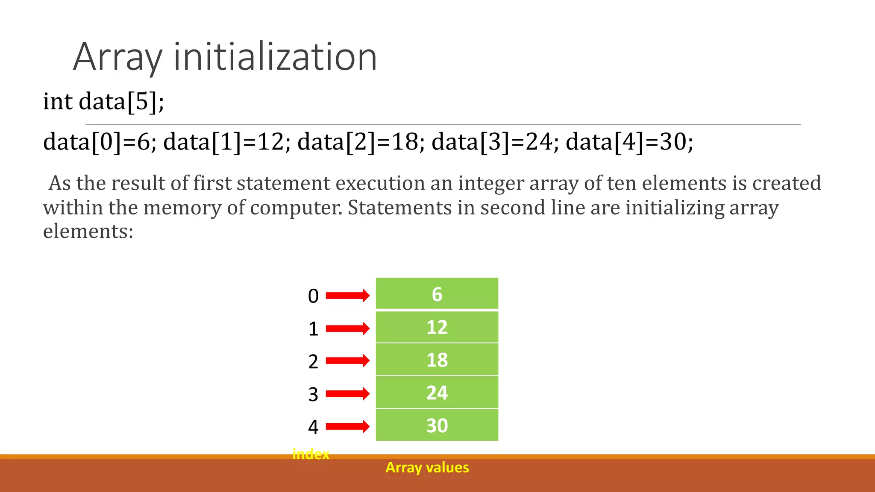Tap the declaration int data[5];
tap(103, 102)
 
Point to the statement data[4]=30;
tap(629, 142)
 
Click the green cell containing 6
tap(437, 294)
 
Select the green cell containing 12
tap(437, 327)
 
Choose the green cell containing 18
tap(437, 360)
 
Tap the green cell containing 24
tap(437, 392)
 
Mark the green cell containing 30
tap(437, 425)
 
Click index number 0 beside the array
tap(313, 296)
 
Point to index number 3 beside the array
tap(313, 394)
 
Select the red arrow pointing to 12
tap(347, 328)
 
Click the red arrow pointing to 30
tap(347, 426)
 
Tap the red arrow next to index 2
tap(347, 360)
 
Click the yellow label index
tap(311, 454)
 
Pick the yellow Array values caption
tap(427, 468)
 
